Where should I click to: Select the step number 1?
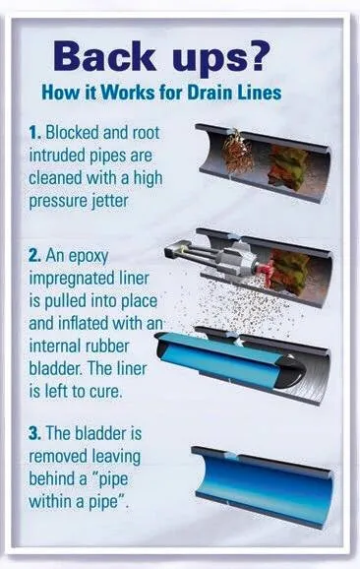pos(34,133)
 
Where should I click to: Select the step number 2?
pos(35,256)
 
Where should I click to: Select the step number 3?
pos(35,434)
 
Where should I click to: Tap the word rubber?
pos(106,347)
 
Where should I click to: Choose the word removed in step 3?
pos(58,457)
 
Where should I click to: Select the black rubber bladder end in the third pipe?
pos(290,371)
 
